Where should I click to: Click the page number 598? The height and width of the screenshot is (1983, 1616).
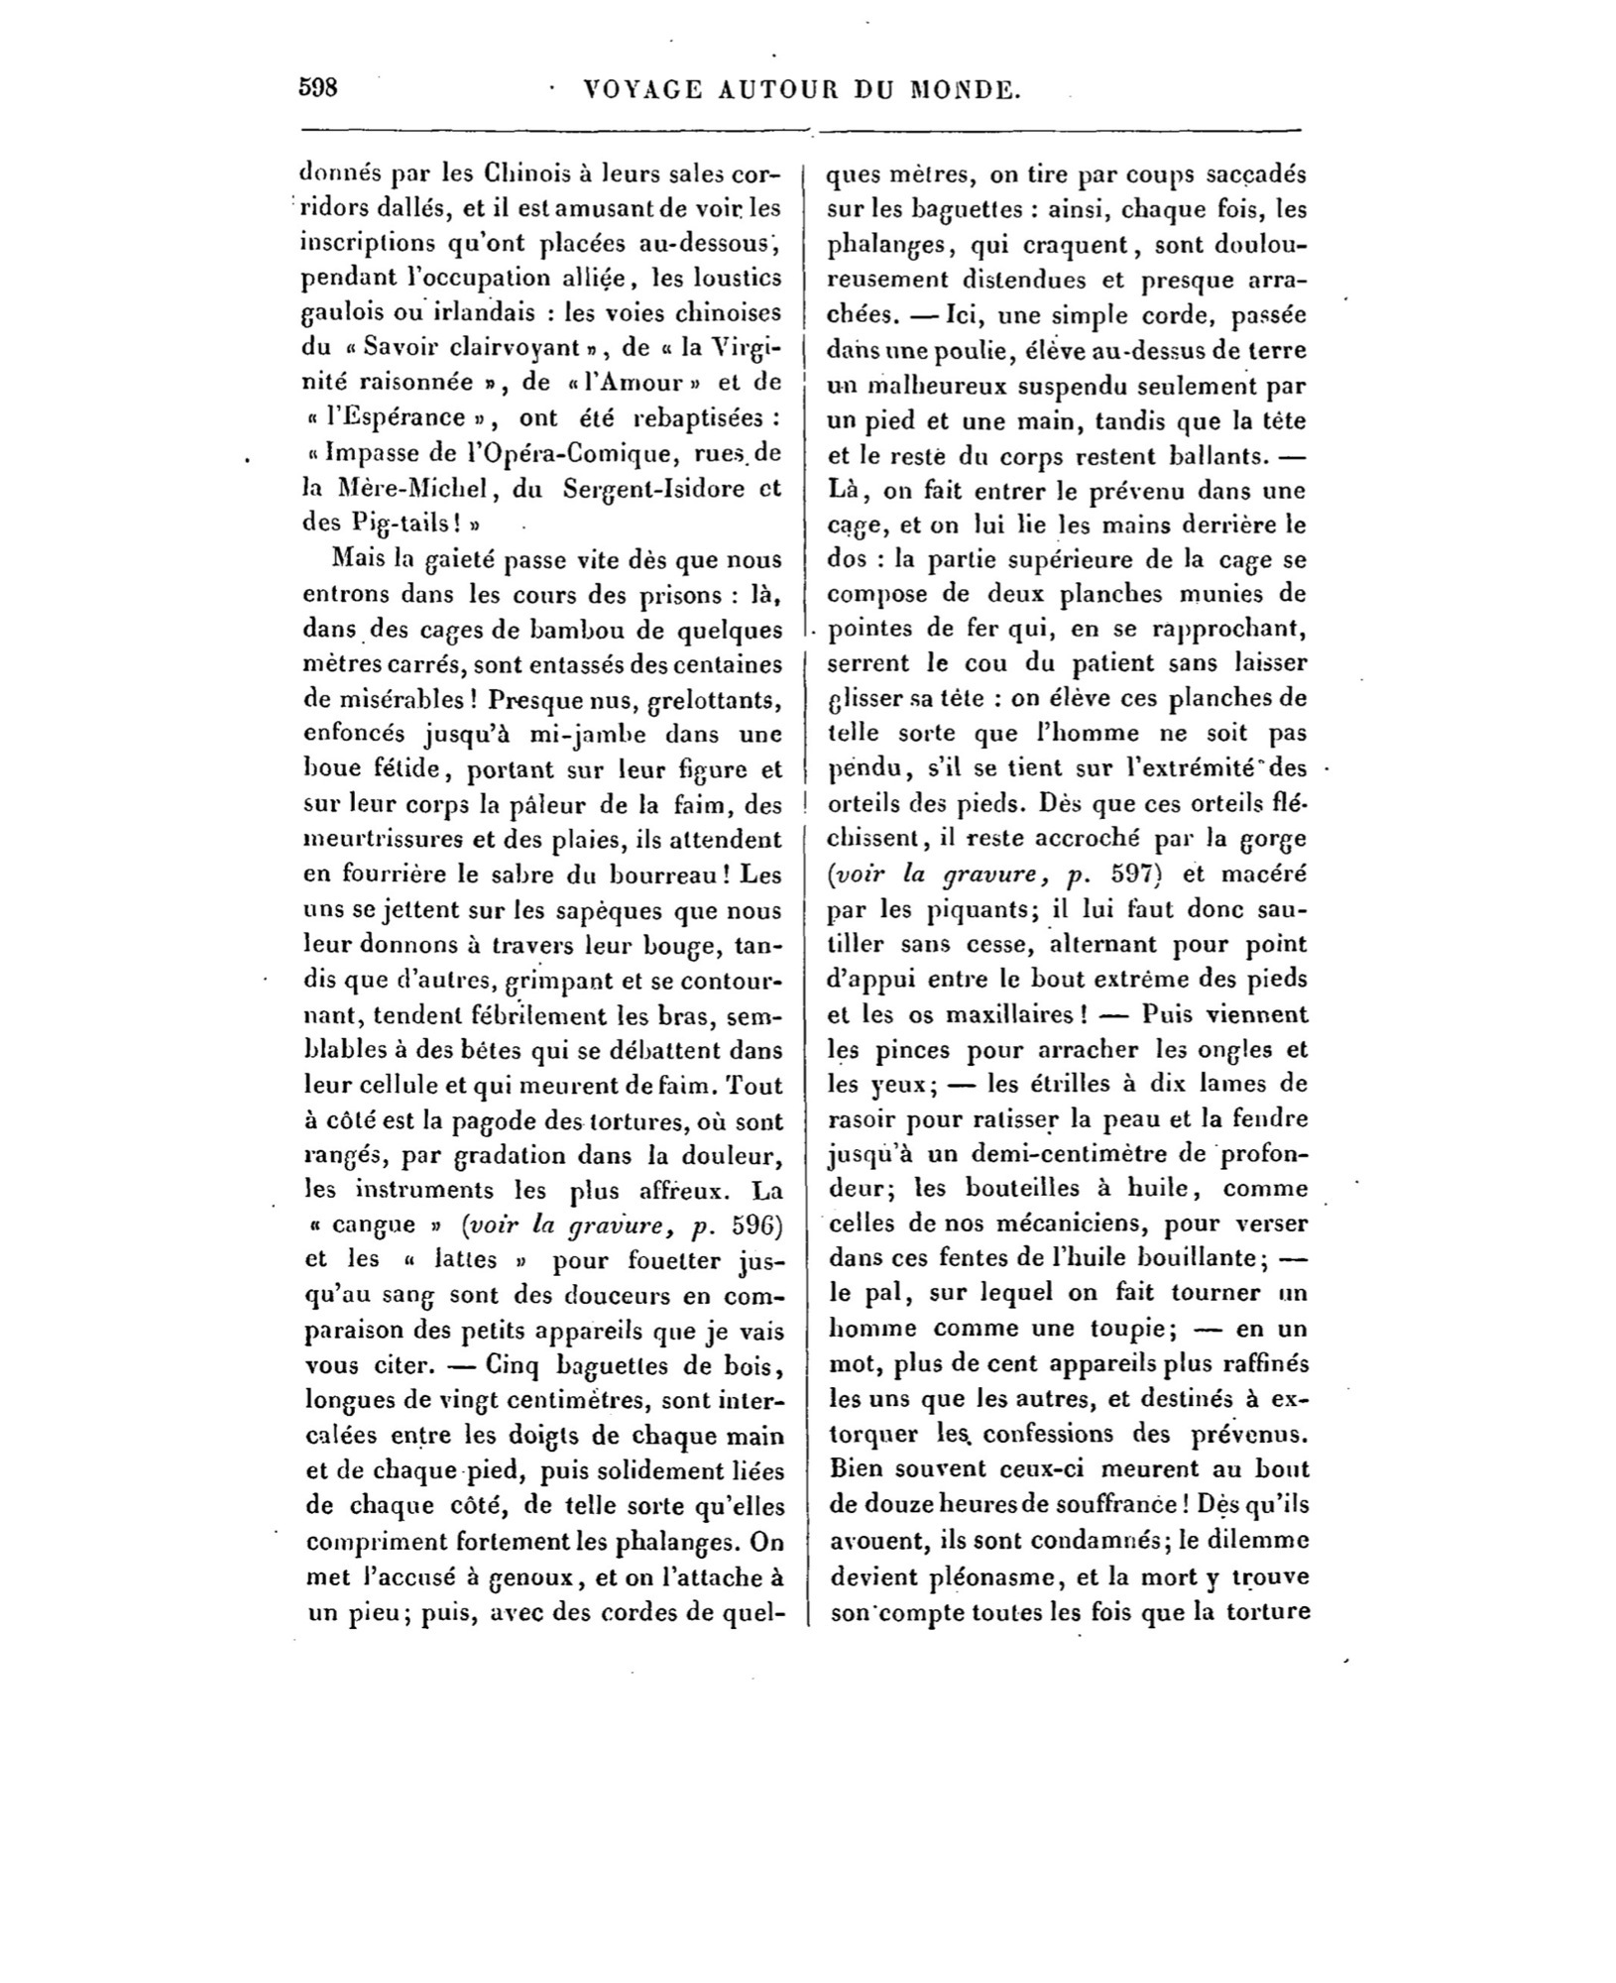point(319,87)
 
